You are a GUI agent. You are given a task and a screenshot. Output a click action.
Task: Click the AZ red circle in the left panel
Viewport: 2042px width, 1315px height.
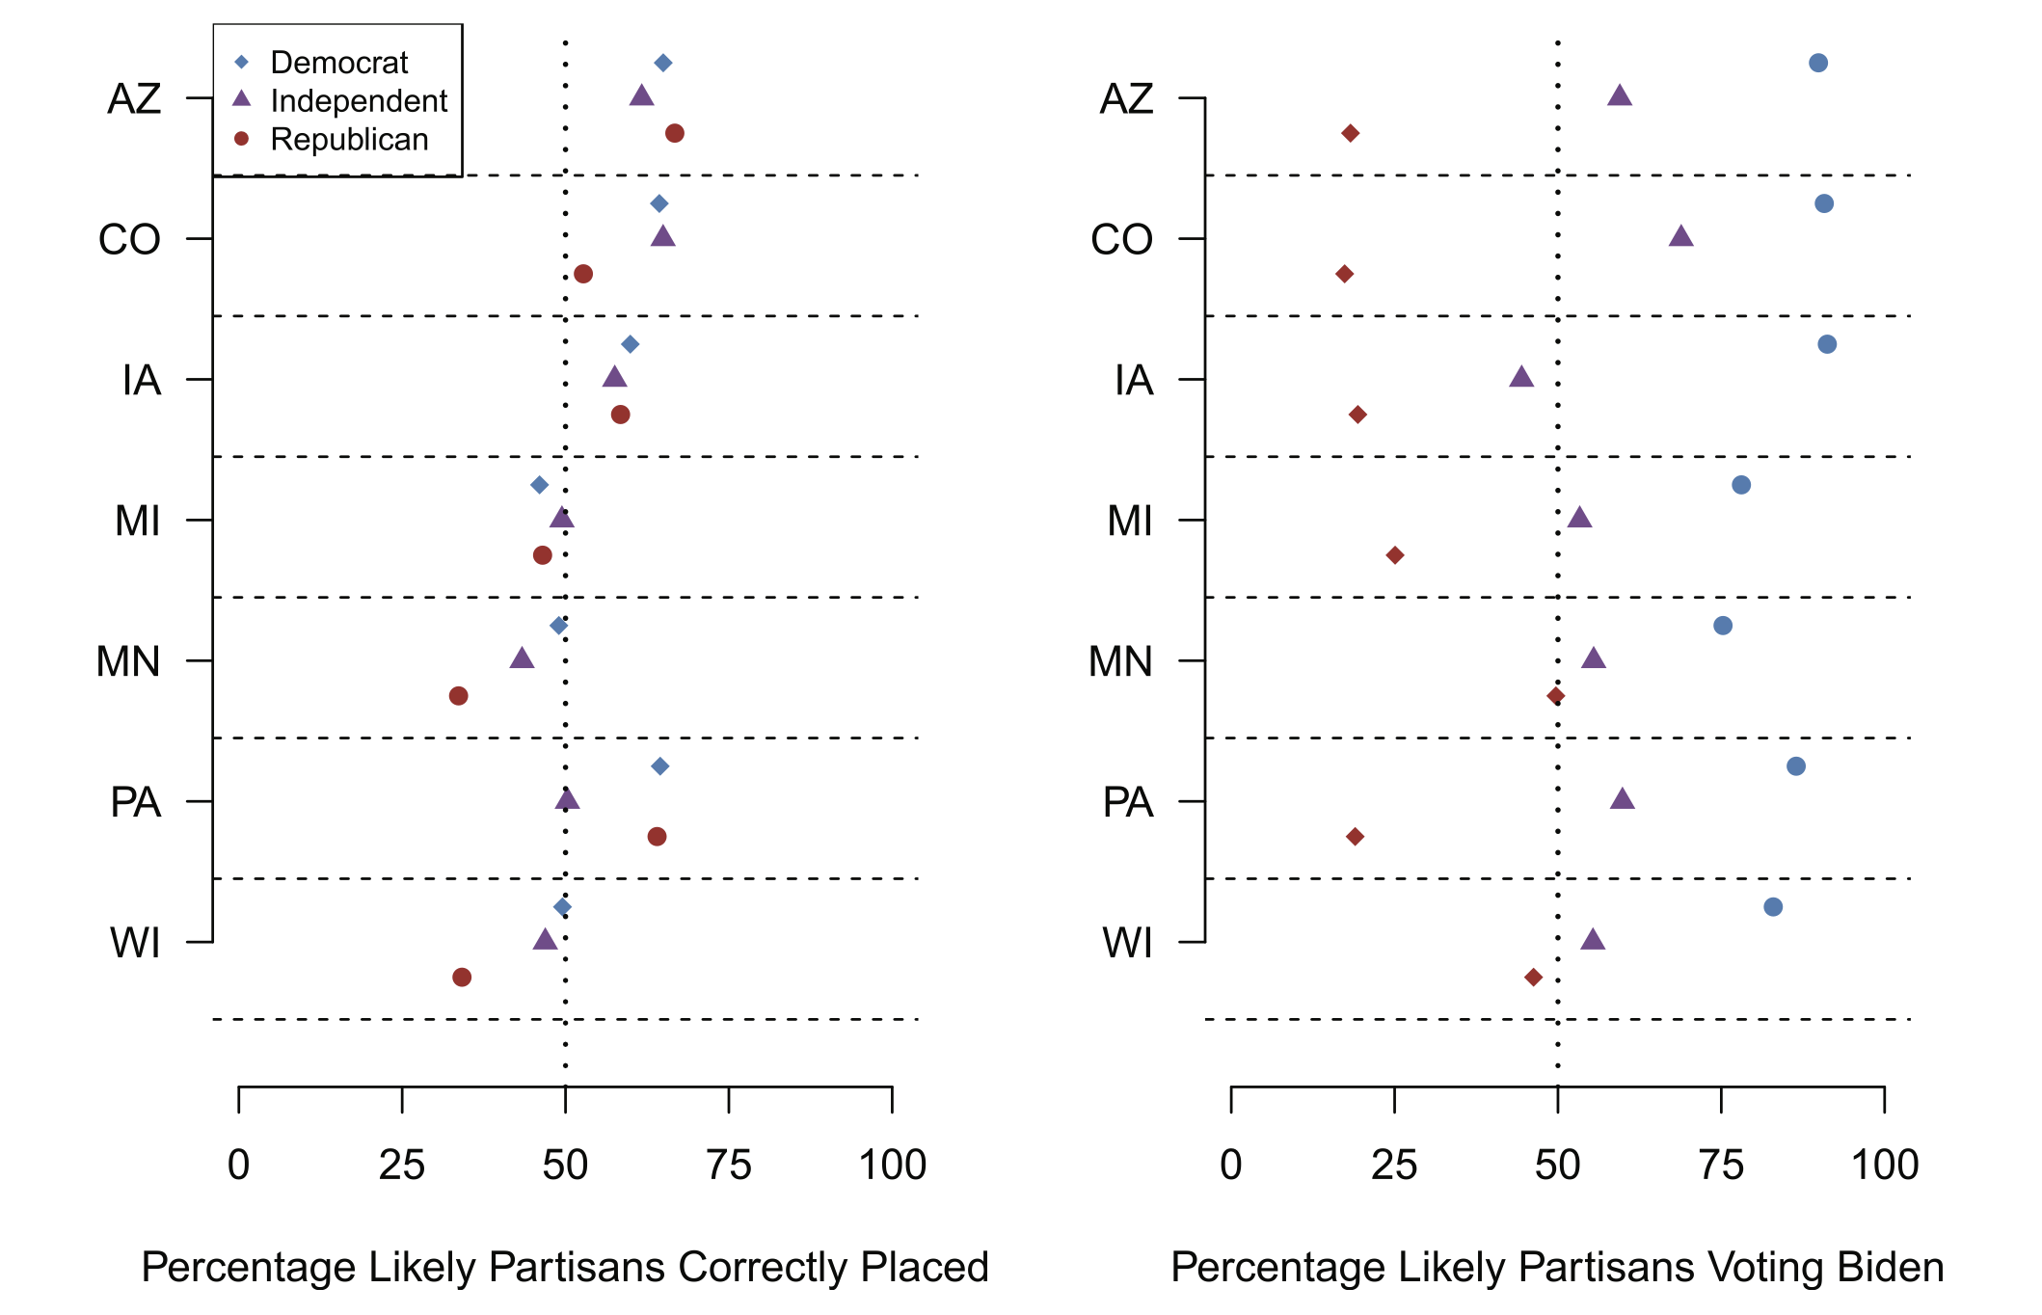(x=675, y=133)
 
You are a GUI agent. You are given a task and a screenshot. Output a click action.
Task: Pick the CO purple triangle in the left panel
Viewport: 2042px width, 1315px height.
(x=662, y=236)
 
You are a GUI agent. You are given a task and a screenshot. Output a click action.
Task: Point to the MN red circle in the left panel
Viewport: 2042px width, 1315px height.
(x=459, y=696)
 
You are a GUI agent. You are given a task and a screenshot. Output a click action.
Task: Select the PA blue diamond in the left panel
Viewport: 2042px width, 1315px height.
(x=660, y=766)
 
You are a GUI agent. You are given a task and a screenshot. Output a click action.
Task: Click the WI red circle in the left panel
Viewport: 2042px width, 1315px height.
(x=462, y=978)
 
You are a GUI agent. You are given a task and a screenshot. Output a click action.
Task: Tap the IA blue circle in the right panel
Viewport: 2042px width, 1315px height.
(x=1827, y=344)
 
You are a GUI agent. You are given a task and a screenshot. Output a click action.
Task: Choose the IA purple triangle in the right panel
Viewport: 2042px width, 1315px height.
(x=1521, y=377)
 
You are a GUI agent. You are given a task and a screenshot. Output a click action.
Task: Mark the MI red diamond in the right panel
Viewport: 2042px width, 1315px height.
(x=1395, y=555)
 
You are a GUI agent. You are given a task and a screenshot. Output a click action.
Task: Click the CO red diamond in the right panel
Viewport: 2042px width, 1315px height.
(x=1345, y=274)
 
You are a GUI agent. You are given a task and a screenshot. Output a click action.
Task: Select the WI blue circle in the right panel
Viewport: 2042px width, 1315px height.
(x=1773, y=907)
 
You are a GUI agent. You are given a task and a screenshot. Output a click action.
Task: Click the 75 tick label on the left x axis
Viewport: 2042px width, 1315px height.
(x=728, y=1166)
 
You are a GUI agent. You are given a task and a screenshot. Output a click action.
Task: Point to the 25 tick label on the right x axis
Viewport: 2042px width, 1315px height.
(x=1394, y=1166)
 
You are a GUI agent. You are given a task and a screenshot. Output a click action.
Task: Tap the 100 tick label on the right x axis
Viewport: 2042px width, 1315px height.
(x=1885, y=1166)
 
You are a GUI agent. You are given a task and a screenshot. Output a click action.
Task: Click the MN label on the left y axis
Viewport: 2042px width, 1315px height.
(x=128, y=662)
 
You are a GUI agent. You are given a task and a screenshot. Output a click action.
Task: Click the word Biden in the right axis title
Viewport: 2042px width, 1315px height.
(x=1890, y=1267)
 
